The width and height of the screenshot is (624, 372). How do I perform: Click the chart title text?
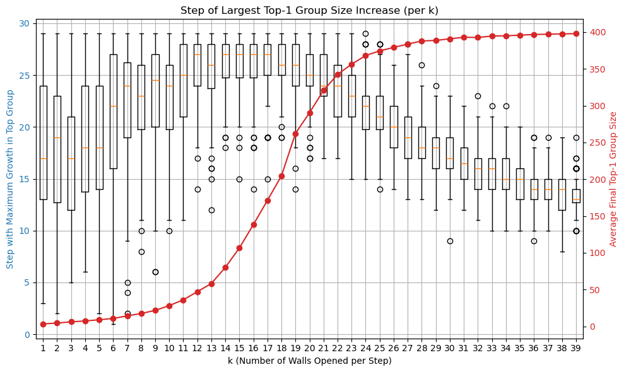pyautogui.click(x=309, y=10)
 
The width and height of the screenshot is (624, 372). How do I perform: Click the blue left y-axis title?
pyautogui.click(x=10, y=179)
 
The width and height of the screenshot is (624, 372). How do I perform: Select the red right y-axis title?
pyautogui.click(x=613, y=179)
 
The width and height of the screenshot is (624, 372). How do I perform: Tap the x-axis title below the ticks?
pyautogui.click(x=309, y=361)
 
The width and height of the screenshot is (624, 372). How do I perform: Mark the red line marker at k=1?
pyautogui.click(x=43, y=324)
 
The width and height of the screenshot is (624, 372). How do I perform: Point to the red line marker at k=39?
pyautogui.click(x=575, y=33)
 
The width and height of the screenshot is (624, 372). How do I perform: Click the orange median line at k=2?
pyautogui.click(x=57, y=137)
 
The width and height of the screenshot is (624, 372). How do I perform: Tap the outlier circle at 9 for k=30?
pyautogui.click(x=450, y=241)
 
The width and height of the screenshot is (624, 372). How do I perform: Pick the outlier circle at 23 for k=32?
pyautogui.click(x=478, y=96)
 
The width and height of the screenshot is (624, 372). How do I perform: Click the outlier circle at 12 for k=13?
pyautogui.click(x=211, y=210)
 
